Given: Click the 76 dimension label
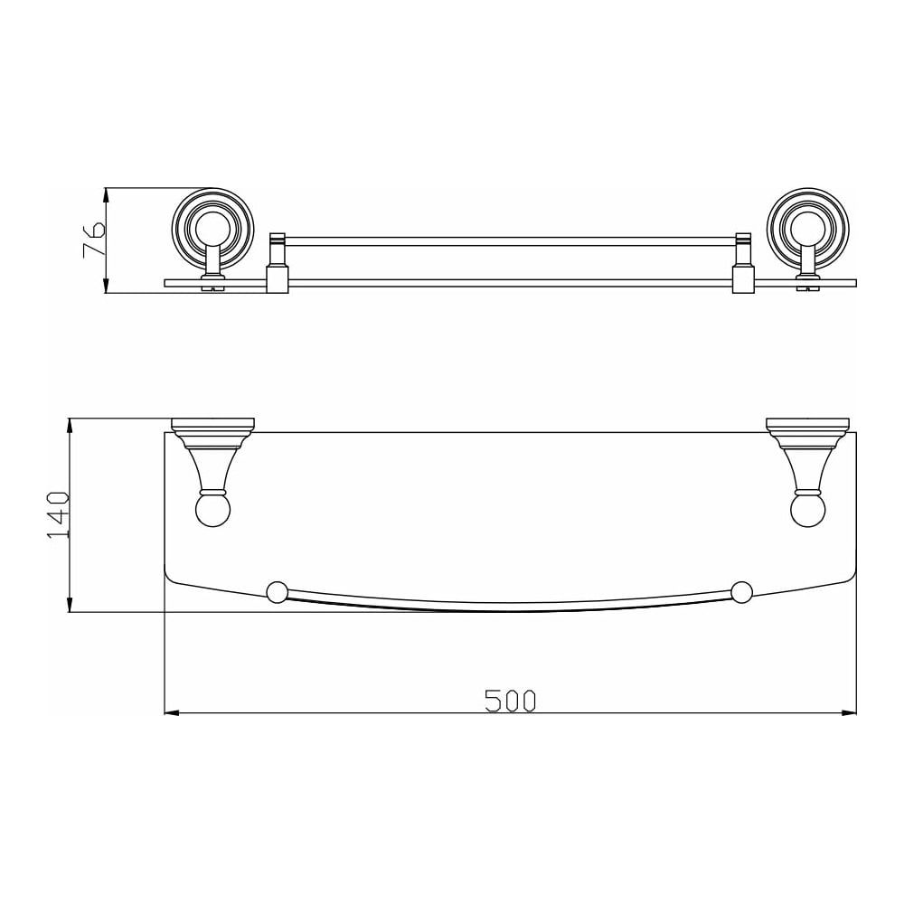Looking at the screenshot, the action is coord(94,240).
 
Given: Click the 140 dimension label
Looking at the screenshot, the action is coord(58,515).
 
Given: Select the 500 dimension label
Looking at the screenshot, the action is coord(510,701).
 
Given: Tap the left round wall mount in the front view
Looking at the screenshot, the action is coord(213,229).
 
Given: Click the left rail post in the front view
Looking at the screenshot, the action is coord(278,262).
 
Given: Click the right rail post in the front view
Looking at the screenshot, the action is coord(744,262).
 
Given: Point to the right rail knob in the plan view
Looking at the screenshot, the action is coord(741,593).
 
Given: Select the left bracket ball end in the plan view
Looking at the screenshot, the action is coord(213,510).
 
